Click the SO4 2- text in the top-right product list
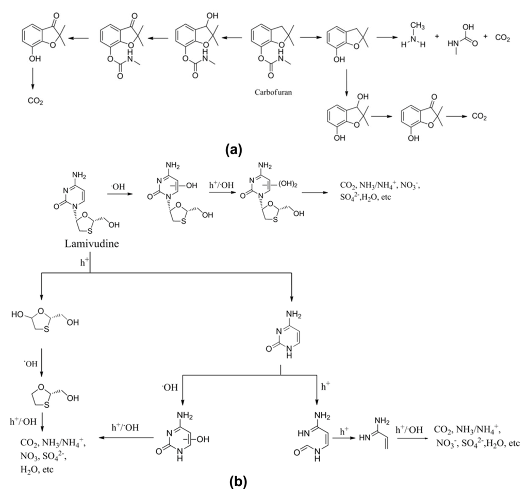(352, 197)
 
